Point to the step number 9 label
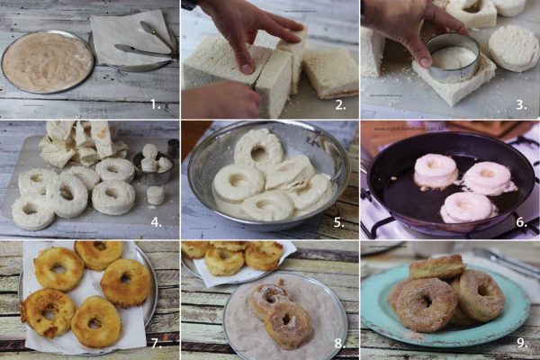tap(521, 343)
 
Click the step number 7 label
tap(157, 343)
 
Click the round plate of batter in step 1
tap(47, 62)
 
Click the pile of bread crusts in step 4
tap(81, 144)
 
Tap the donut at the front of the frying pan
tap(466, 207)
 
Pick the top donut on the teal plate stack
tap(437, 266)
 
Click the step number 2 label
tap(339, 103)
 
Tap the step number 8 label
tap(339, 343)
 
